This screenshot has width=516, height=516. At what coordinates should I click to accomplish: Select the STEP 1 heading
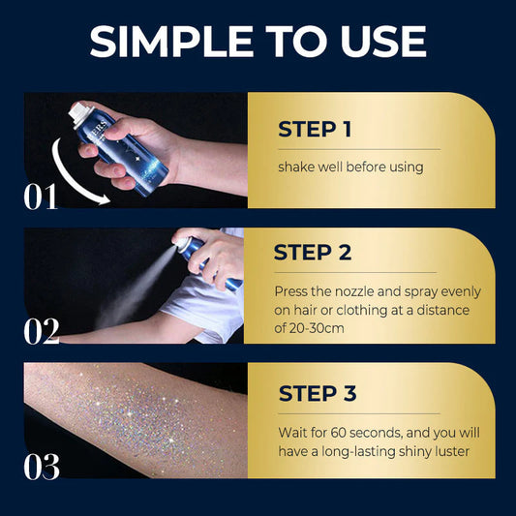314,130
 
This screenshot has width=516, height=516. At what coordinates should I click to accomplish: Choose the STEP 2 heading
312,253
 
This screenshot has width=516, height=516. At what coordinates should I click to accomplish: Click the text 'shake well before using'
350,167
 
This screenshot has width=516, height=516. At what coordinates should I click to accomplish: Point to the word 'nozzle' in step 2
347,291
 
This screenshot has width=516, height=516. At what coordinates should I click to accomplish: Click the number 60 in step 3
343,433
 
